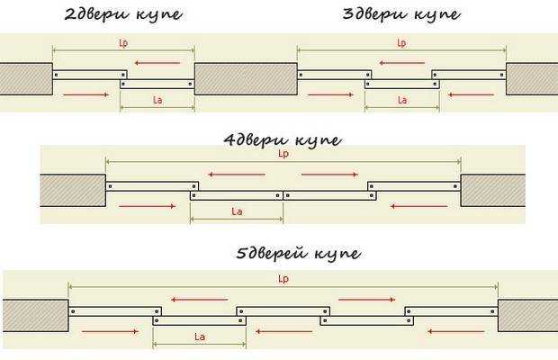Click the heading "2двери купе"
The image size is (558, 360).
tap(123, 14)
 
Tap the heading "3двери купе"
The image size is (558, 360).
tap(401, 14)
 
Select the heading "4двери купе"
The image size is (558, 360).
tap(283, 139)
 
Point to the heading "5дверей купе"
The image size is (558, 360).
tap(299, 253)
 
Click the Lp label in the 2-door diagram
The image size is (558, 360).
tap(123, 43)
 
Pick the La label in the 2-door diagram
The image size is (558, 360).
tap(157, 100)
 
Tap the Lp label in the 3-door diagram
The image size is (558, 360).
tap(401, 43)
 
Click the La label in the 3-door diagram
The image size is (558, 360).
tap(402, 100)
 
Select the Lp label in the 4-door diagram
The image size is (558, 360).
tap(283, 154)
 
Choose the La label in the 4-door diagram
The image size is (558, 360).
tap(237, 211)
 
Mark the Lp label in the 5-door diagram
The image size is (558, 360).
tap(283, 279)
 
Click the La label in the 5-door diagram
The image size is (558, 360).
tap(200, 337)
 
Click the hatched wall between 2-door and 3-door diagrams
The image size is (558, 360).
tap(246, 79)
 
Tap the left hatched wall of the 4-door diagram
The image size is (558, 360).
tap(73, 190)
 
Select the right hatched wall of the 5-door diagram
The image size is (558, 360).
tap(527, 316)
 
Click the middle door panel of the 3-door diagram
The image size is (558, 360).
tap(402, 85)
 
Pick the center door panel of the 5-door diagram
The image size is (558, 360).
tap(283, 311)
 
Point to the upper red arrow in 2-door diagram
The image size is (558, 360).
tap(157, 63)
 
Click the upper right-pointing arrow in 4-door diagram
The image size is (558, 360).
tap(329, 175)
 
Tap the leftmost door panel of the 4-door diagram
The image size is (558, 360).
tap(152, 186)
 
